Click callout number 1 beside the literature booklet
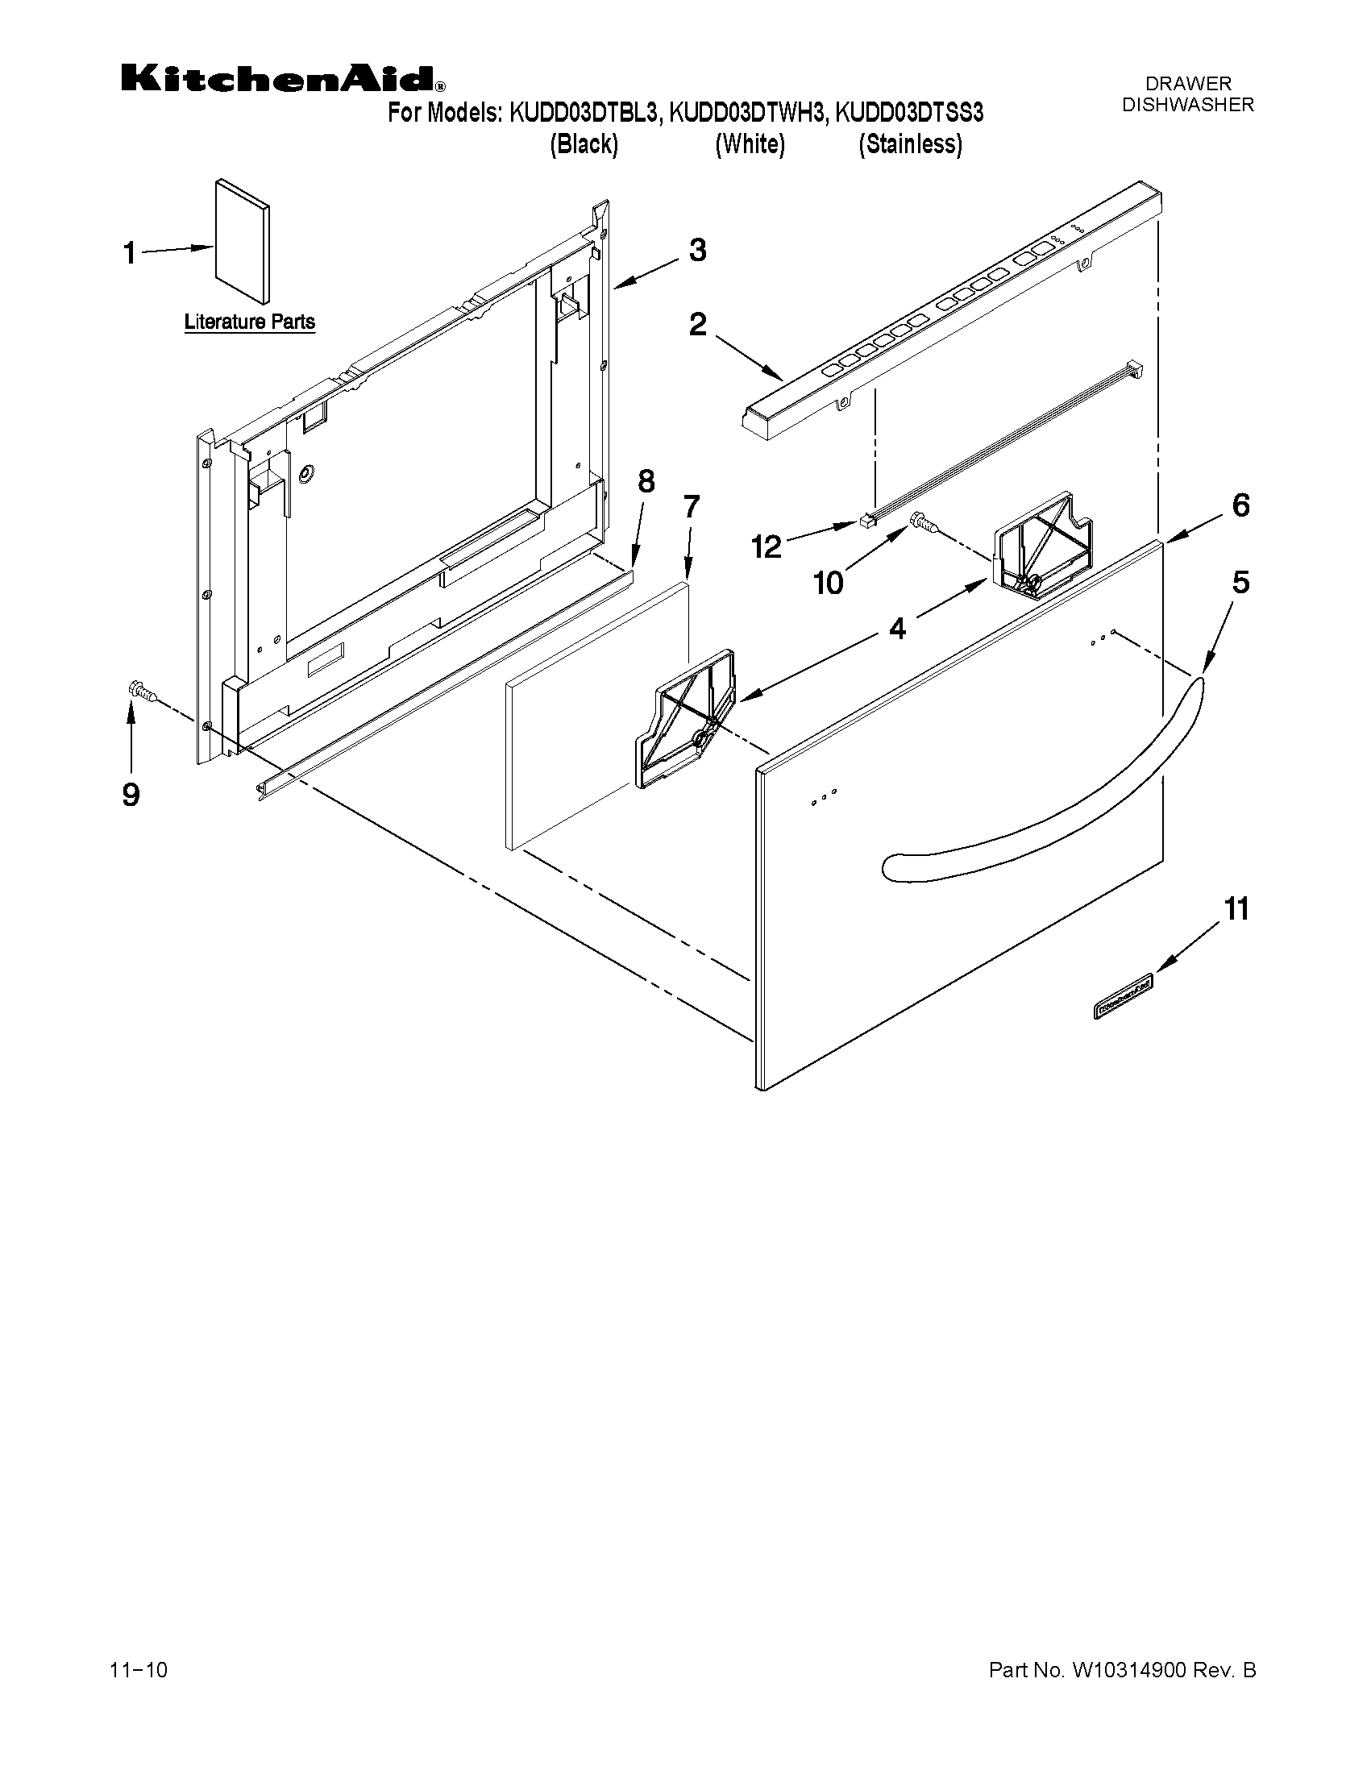point(130,253)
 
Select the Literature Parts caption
point(249,322)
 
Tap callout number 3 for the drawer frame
point(697,250)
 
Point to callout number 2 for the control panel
point(698,325)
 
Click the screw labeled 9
point(142,692)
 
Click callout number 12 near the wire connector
point(766,546)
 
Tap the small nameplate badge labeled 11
point(1124,997)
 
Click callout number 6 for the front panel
point(1240,505)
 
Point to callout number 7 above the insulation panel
point(691,507)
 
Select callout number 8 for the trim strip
point(646,482)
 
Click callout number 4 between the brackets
point(897,628)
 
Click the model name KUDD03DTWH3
point(746,113)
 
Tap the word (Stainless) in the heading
point(911,144)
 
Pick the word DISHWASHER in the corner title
point(1187,105)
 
